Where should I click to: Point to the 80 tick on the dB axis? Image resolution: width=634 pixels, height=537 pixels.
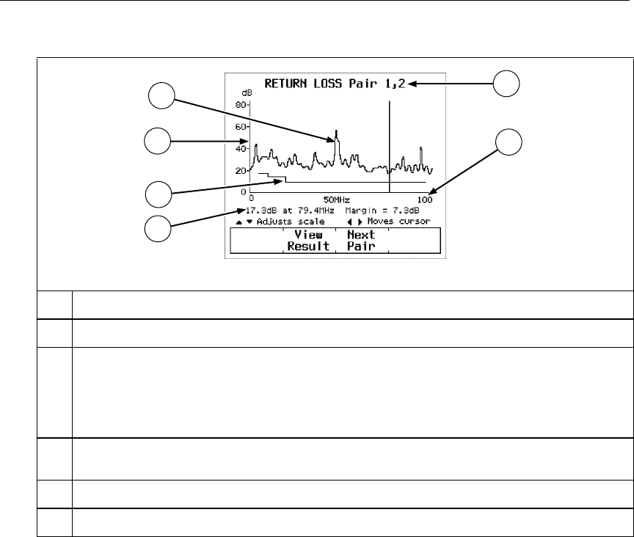click(x=243, y=105)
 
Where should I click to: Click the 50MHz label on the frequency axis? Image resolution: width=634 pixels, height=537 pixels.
click(x=337, y=200)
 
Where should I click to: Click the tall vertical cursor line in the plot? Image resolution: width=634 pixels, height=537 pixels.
click(x=390, y=147)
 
